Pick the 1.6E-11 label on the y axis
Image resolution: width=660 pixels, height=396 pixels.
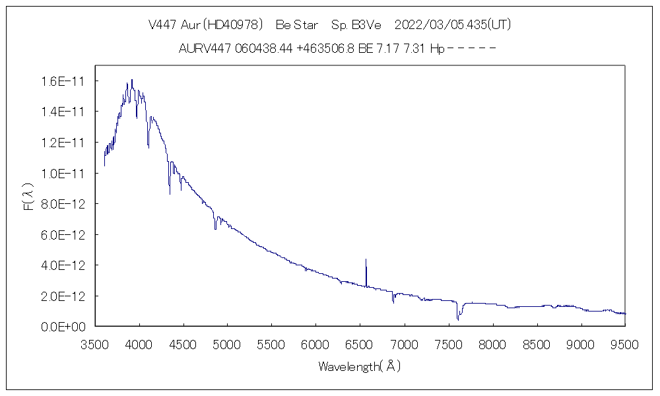(x=61, y=81)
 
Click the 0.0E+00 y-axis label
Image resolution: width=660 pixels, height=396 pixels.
(x=61, y=327)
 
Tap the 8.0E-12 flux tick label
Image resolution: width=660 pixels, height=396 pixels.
(x=61, y=204)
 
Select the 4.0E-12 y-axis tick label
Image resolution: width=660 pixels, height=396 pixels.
(x=61, y=265)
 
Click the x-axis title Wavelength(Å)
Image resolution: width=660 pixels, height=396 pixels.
(x=360, y=366)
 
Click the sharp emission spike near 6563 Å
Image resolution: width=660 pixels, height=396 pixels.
(x=366, y=260)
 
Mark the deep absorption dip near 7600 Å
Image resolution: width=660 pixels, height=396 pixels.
(x=457, y=319)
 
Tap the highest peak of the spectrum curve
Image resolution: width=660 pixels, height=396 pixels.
(x=132, y=81)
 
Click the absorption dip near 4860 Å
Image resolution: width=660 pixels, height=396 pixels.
(x=215, y=228)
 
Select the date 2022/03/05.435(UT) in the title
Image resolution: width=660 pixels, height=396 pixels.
(x=453, y=25)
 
